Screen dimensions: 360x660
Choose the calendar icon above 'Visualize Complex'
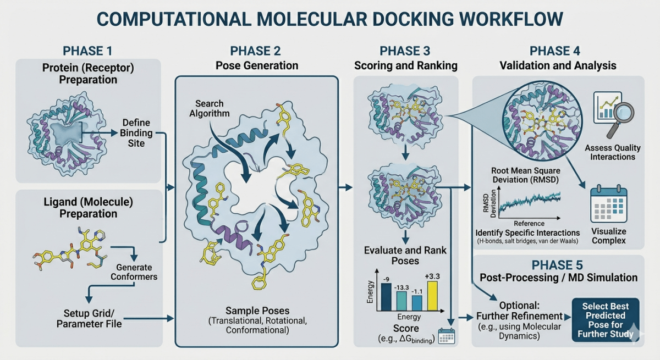608,205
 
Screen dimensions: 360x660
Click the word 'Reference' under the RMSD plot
529,224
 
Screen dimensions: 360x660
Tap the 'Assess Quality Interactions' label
610,152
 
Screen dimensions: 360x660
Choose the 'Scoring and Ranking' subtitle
405,66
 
